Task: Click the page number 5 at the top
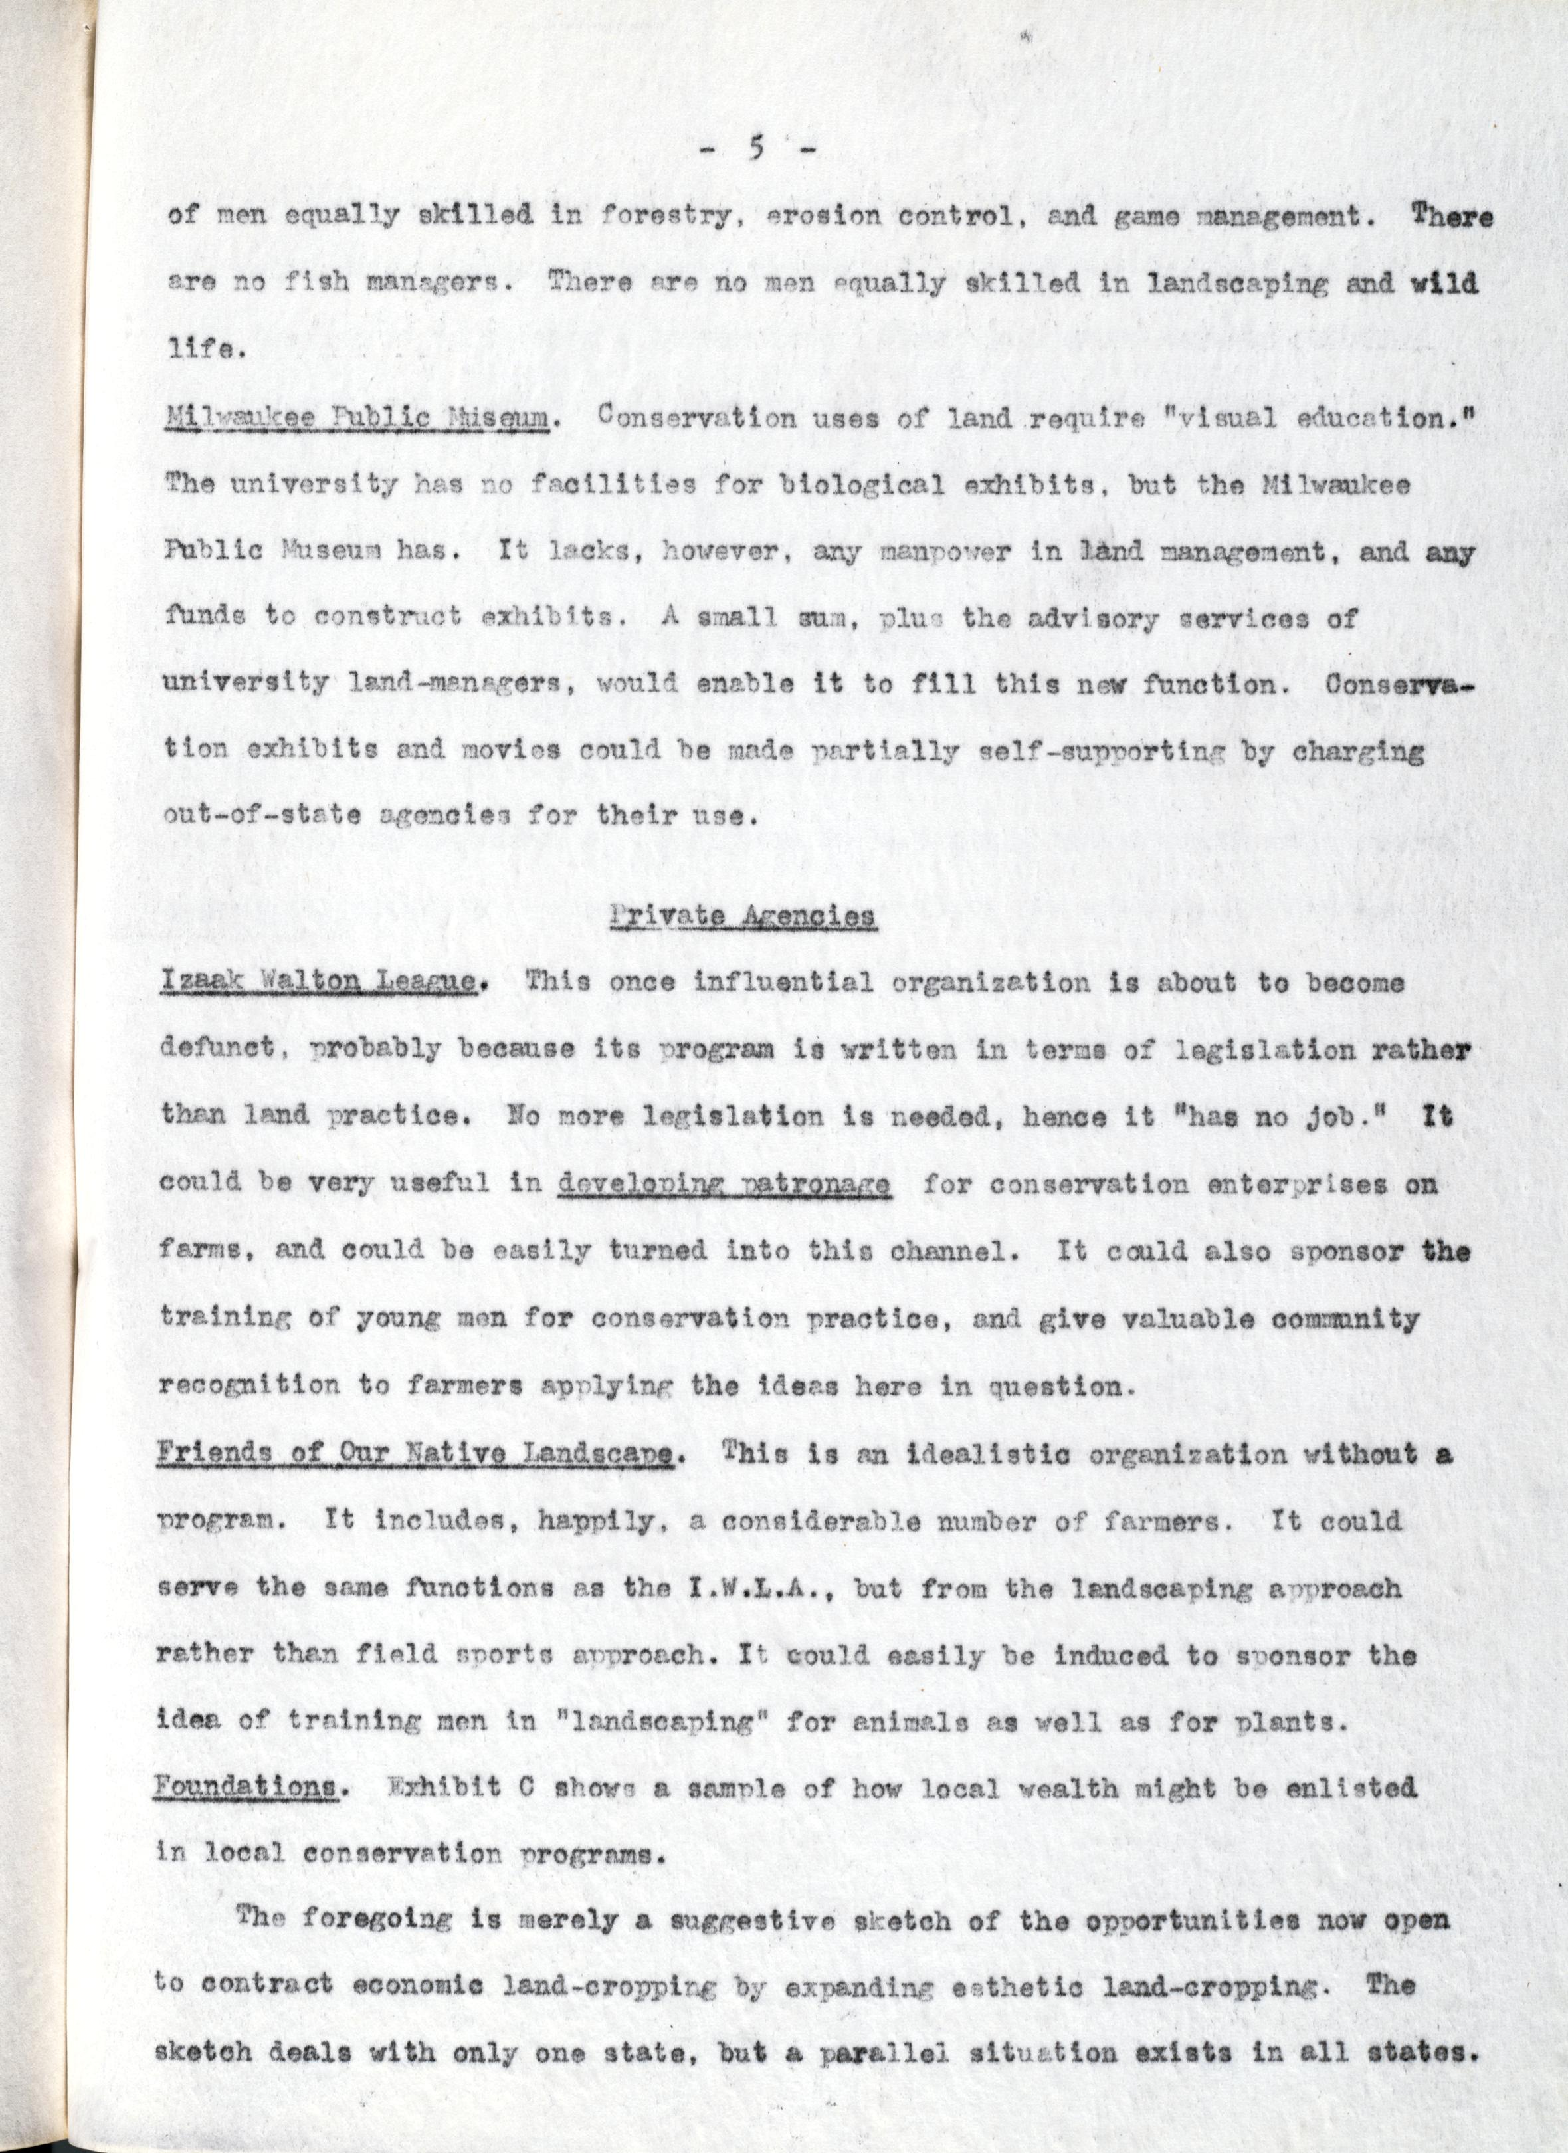point(757,150)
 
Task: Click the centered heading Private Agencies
point(742,917)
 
